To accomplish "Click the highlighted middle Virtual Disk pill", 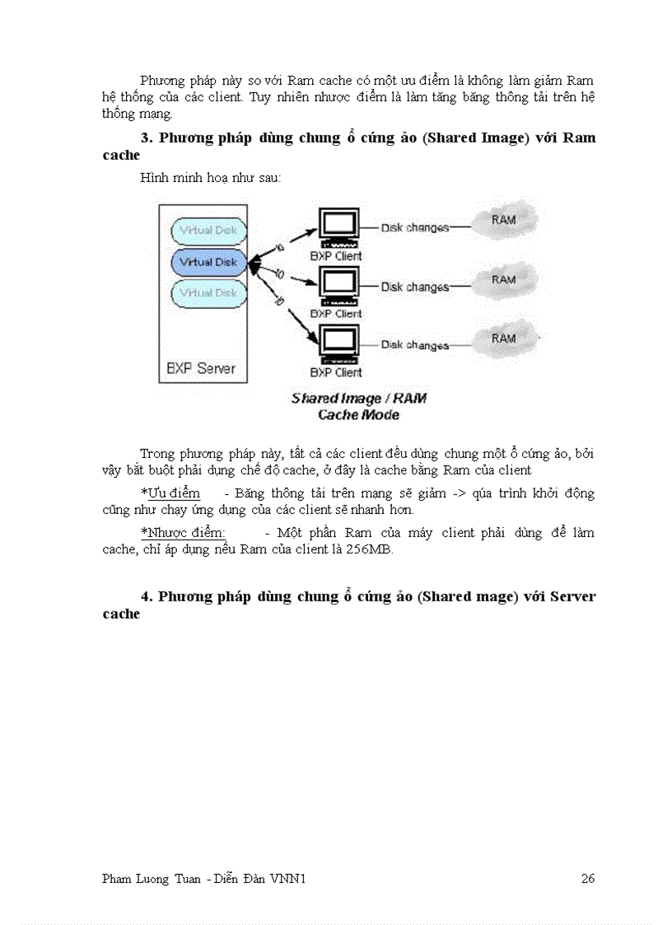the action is pyautogui.click(x=208, y=262).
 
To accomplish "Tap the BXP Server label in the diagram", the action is pyautogui.click(x=200, y=368).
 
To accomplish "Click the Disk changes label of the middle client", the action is pyautogui.click(x=414, y=287).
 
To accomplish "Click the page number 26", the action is pyautogui.click(x=587, y=879).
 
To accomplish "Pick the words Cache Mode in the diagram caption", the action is pyautogui.click(x=358, y=414).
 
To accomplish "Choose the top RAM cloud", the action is pyautogui.click(x=503, y=220).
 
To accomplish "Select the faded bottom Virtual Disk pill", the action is pyautogui.click(x=208, y=293).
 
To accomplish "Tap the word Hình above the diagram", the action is pyautogui.click(x=154, y=178).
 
